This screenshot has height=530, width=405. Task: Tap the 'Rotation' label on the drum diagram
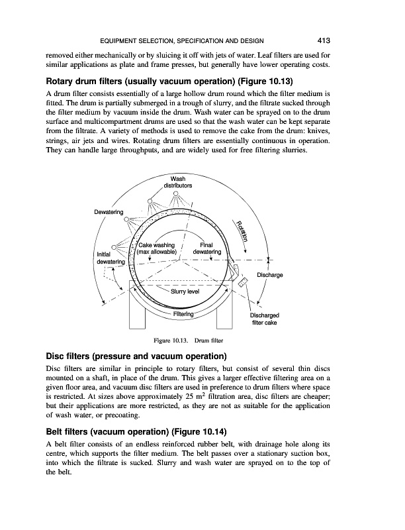click(x=242, y=230)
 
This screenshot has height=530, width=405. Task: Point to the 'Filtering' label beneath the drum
click(x=183, y=314)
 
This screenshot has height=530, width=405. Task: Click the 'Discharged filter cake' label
click(x=265, y=319)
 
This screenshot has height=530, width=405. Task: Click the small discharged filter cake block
click(x=243, y=282)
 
